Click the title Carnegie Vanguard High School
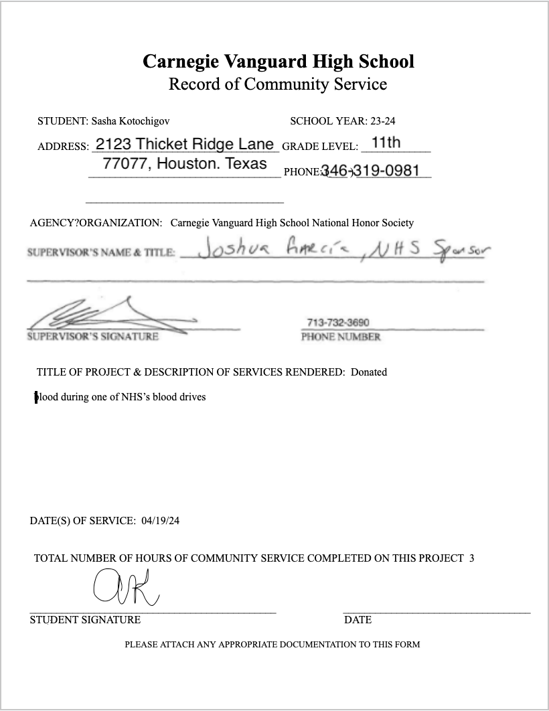pyautogui.click(x=278, y=62)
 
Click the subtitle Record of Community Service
pyautogui.click(x=278, y=84)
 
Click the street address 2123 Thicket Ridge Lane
pyautogui.click(x=185, y=144)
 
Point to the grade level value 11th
pyautogui.click(x=386, y=142)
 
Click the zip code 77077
pyautogui.click(x=125, y=164)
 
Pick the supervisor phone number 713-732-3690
pyautogui.click(x=338, y=323)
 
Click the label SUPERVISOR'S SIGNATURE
pyautogui.click(x=93, y=337)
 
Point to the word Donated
pyautogui.click(x=369, y=372)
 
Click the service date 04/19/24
pyautogui.click(x=161, y=521)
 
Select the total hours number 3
pyautogui.click(x=471, y=558)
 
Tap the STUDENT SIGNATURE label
pyautogui.click(x=85, y=620)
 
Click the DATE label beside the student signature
pyautogui.click(x=358, y=620)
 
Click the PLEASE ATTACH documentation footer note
pyautogui.click(x=272, y=645)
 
